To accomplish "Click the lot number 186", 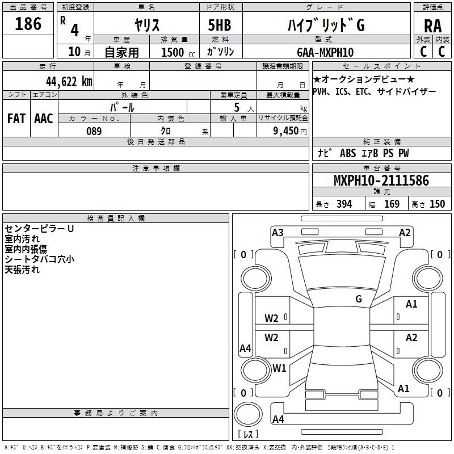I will coord(28,24).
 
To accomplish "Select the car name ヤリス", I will coord(147,25).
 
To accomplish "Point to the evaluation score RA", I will coord(432,26).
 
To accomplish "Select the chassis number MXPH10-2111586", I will coord(381,180).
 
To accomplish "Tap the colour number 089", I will coord(94,131).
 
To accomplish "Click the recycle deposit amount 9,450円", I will coord(289,131).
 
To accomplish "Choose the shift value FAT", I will coord(16,119).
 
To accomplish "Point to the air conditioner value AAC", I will coord(43,119).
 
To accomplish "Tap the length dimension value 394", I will coord(344,204).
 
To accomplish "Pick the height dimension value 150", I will coord(437,204).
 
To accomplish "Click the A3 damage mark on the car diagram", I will coord(278,232).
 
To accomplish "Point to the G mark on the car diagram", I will coord(359,299).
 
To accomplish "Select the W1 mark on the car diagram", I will coord(279,368).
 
